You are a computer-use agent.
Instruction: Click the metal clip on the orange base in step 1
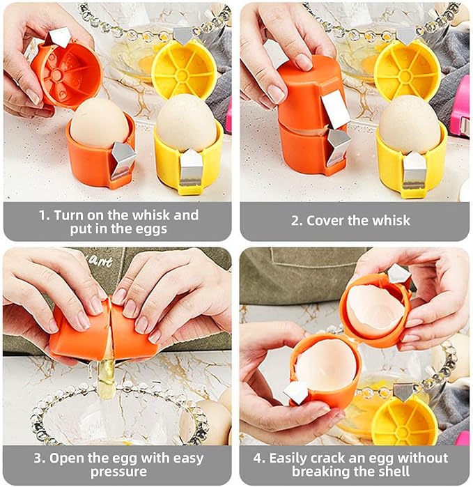tap(123, 159)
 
